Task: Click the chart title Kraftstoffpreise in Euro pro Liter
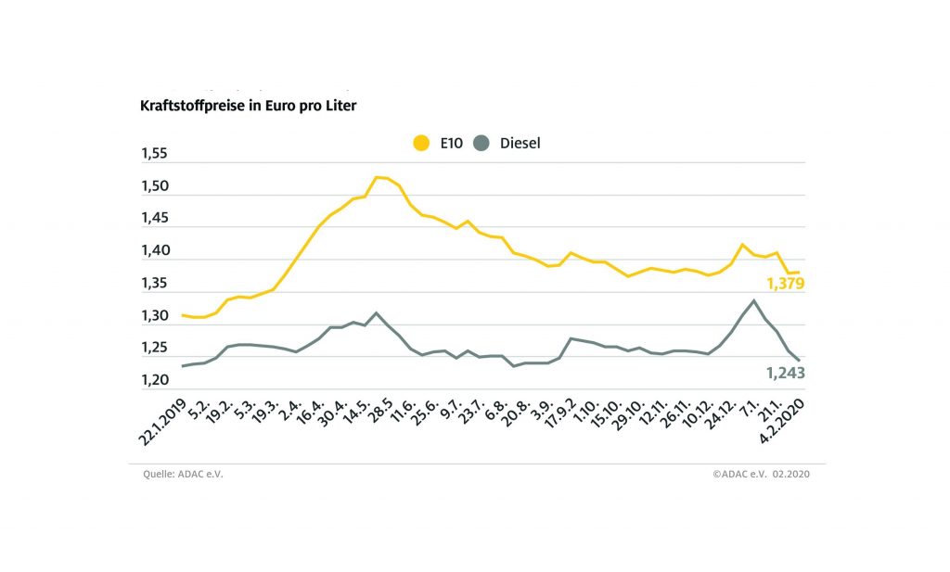click(x=248, y=106)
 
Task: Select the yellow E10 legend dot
click(x=421, y=144)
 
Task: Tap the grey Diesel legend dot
click(x=481, y=144)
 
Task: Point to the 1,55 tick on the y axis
click(x=155, y=154)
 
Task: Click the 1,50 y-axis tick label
click(x=155, y=186)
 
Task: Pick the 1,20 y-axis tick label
click(x=155, y=380)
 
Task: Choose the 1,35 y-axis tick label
click(x=155, y=284)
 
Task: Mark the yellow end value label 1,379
click(x=785, y=284)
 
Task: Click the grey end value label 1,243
click(x=785, y=373)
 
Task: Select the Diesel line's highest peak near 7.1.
click(x=753, y=300)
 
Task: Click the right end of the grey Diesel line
click(x=800, y=361)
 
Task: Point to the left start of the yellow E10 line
click(x=183, y=315)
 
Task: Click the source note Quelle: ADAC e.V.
click(x=183, y=474)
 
